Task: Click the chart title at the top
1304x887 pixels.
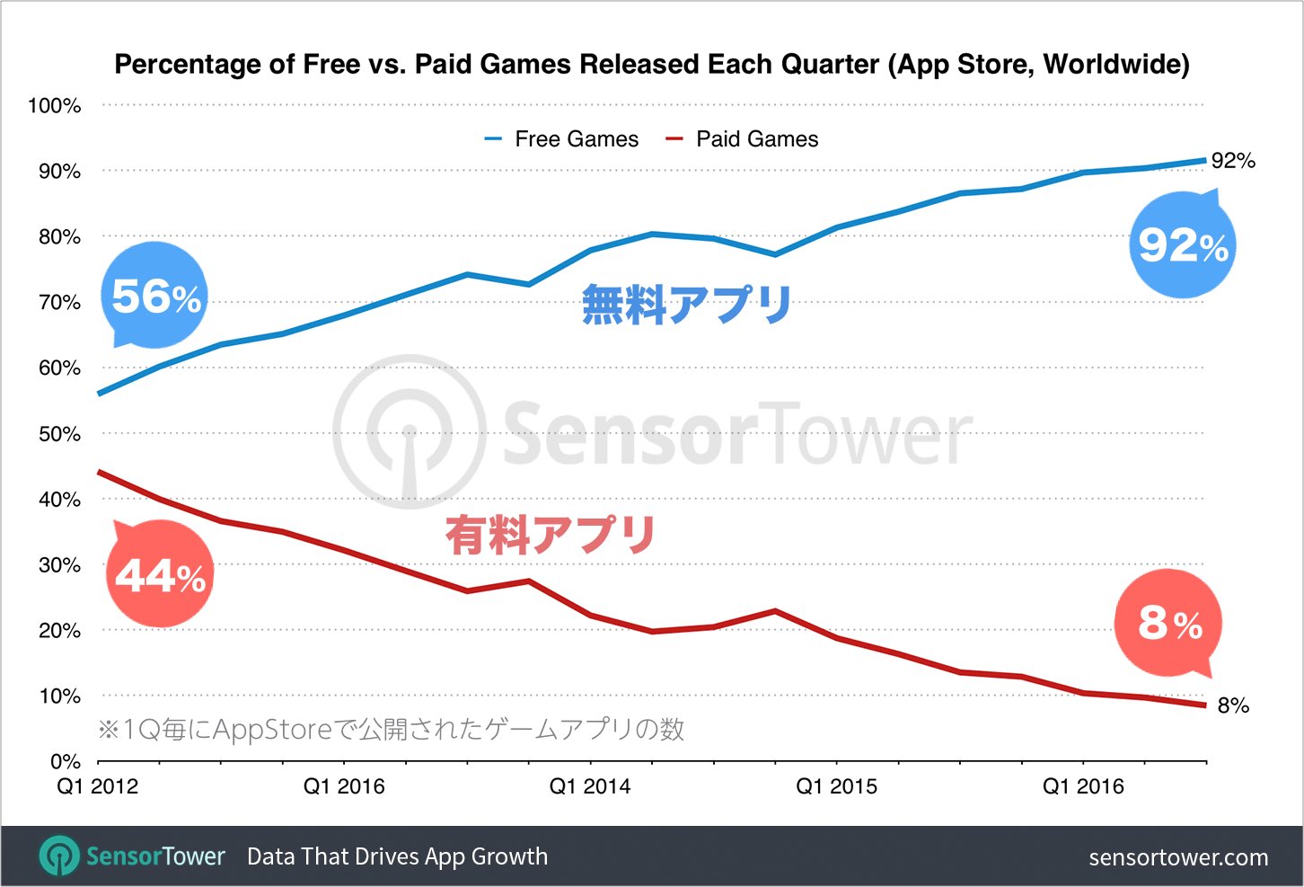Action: pyautogui.click(x=652, y=65)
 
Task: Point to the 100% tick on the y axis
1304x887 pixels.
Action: pyautogui.click(x=55, y=106)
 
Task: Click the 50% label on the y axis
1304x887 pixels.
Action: pyautogui.click(x=59, y=434)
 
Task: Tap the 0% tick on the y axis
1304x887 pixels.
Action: pyautogui.click(x=65, y=762)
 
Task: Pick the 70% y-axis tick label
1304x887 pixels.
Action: pyautogui.click(x=59, y=303)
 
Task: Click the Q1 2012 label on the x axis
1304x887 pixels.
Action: pyautogui.click(x=98, y=787)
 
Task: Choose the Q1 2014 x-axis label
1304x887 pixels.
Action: pyautogui.click(x=590, y=787)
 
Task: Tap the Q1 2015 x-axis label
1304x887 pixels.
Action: pyautogui.click(x=836, y=787)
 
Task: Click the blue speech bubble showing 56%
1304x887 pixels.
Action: pyautogui.click(x=154, y=296)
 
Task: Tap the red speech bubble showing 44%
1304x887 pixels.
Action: pyautogui.click(x=160, y=575)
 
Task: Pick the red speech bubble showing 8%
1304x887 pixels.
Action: pyautogui.click(x=1168, y=623)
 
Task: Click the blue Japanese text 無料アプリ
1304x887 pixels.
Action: pyautogui.click(x=686, y=305)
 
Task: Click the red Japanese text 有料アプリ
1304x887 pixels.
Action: pyautogui.click(x=551, y=535)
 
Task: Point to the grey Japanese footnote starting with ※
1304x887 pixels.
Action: pyautogui.click(x=391, y=729)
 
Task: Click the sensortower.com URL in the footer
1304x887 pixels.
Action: pyautogui.click(x=1178, y=857)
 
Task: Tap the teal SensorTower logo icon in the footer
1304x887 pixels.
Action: pyautogui.click(x=59, y=856)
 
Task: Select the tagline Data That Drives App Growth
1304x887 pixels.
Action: pyautogui.click(x=397, y=856)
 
